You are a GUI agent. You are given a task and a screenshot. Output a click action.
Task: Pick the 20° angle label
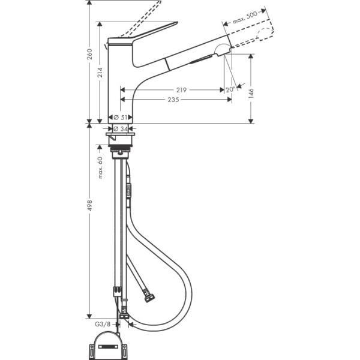229,90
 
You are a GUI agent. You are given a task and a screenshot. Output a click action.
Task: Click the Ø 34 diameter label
121,129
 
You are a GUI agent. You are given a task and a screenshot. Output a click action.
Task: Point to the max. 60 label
101,167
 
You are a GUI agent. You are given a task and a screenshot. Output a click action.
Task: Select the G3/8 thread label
103,324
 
